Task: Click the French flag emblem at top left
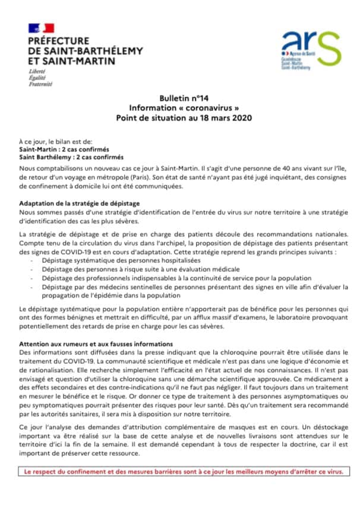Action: pyautogui.click(x=41, y=27)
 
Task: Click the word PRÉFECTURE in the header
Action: pyautogui.click(x=58, y=40)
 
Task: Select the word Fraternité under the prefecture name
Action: pyautogui.click(x=40, y=84)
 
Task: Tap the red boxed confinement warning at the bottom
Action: pyautogui.click(x=179, y=471)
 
